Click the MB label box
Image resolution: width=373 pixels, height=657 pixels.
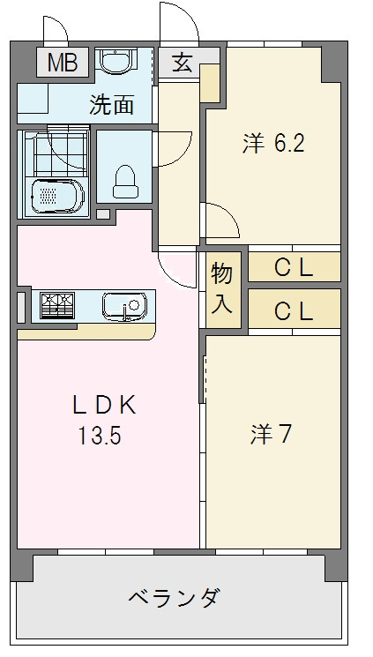(x=62, y=62)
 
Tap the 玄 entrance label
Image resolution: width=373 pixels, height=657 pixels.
(x=183, y=63)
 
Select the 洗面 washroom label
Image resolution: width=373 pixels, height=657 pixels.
(x=112, y=105)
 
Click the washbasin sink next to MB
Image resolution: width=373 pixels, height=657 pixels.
(x=116, y=62)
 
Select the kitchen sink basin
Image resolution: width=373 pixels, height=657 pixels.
(x=123, y=306)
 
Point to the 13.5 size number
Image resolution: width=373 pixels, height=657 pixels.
(x=102, y=436)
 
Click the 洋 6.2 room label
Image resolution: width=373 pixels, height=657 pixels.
(x=273, y=144)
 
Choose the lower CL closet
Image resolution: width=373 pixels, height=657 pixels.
(x=294, y=310)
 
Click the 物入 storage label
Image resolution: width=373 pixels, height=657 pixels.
(x=222, y=290)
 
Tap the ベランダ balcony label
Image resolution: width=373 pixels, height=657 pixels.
(x=174, y=598)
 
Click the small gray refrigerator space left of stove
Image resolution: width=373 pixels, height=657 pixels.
(x=22, y=305)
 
